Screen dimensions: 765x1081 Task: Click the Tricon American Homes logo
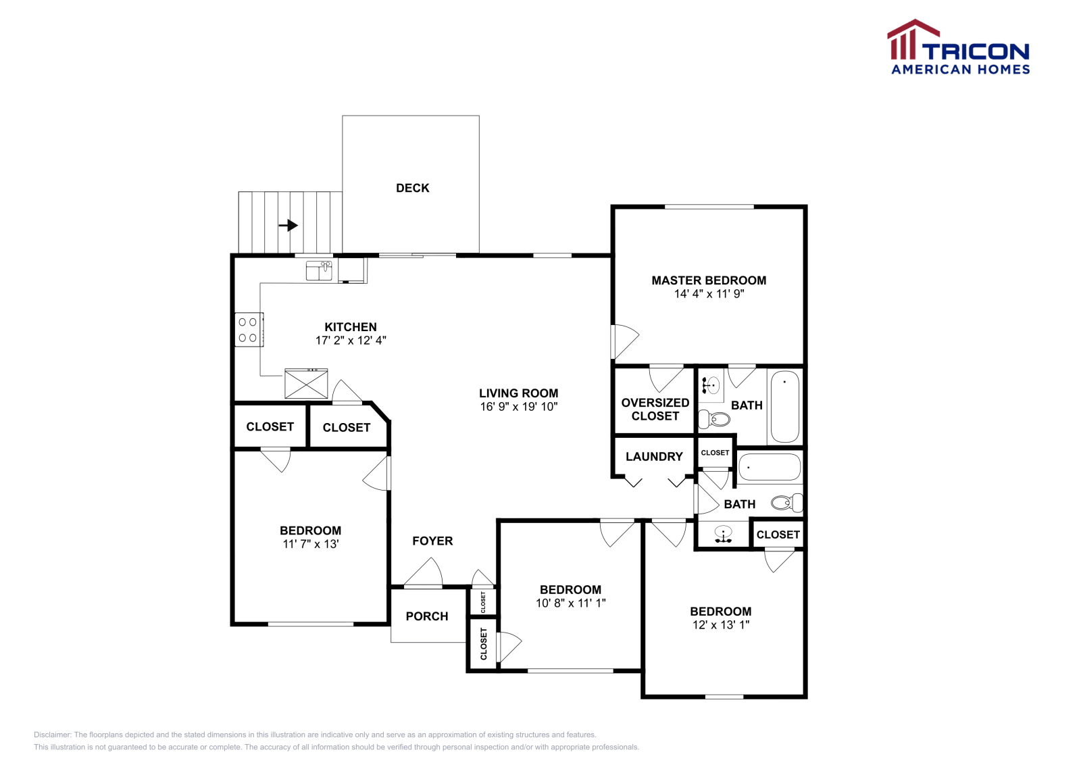[958, 47]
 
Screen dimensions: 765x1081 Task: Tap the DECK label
[412, 188]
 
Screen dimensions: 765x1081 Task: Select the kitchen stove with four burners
[248, 330]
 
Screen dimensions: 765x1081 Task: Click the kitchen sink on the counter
[319, 270]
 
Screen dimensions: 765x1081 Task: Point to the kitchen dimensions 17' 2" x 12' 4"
[351, 341]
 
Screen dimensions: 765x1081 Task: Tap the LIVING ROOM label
[518, 393]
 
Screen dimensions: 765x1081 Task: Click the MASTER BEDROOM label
[709, 280]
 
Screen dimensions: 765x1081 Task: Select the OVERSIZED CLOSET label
[655, 409]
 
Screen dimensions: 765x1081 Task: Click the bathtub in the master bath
[784, 406]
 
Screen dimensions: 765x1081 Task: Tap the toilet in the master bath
[715, 419]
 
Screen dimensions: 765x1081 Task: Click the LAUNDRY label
[653, 457]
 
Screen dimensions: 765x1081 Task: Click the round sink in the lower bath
[723, 534]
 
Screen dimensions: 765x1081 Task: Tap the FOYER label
[432, 541]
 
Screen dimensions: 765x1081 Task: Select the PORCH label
[426, 616]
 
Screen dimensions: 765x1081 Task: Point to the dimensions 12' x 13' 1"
[720, 625]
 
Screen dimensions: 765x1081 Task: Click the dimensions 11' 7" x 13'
[310, 544]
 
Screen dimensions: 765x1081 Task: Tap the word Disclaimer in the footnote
[52, 735]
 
